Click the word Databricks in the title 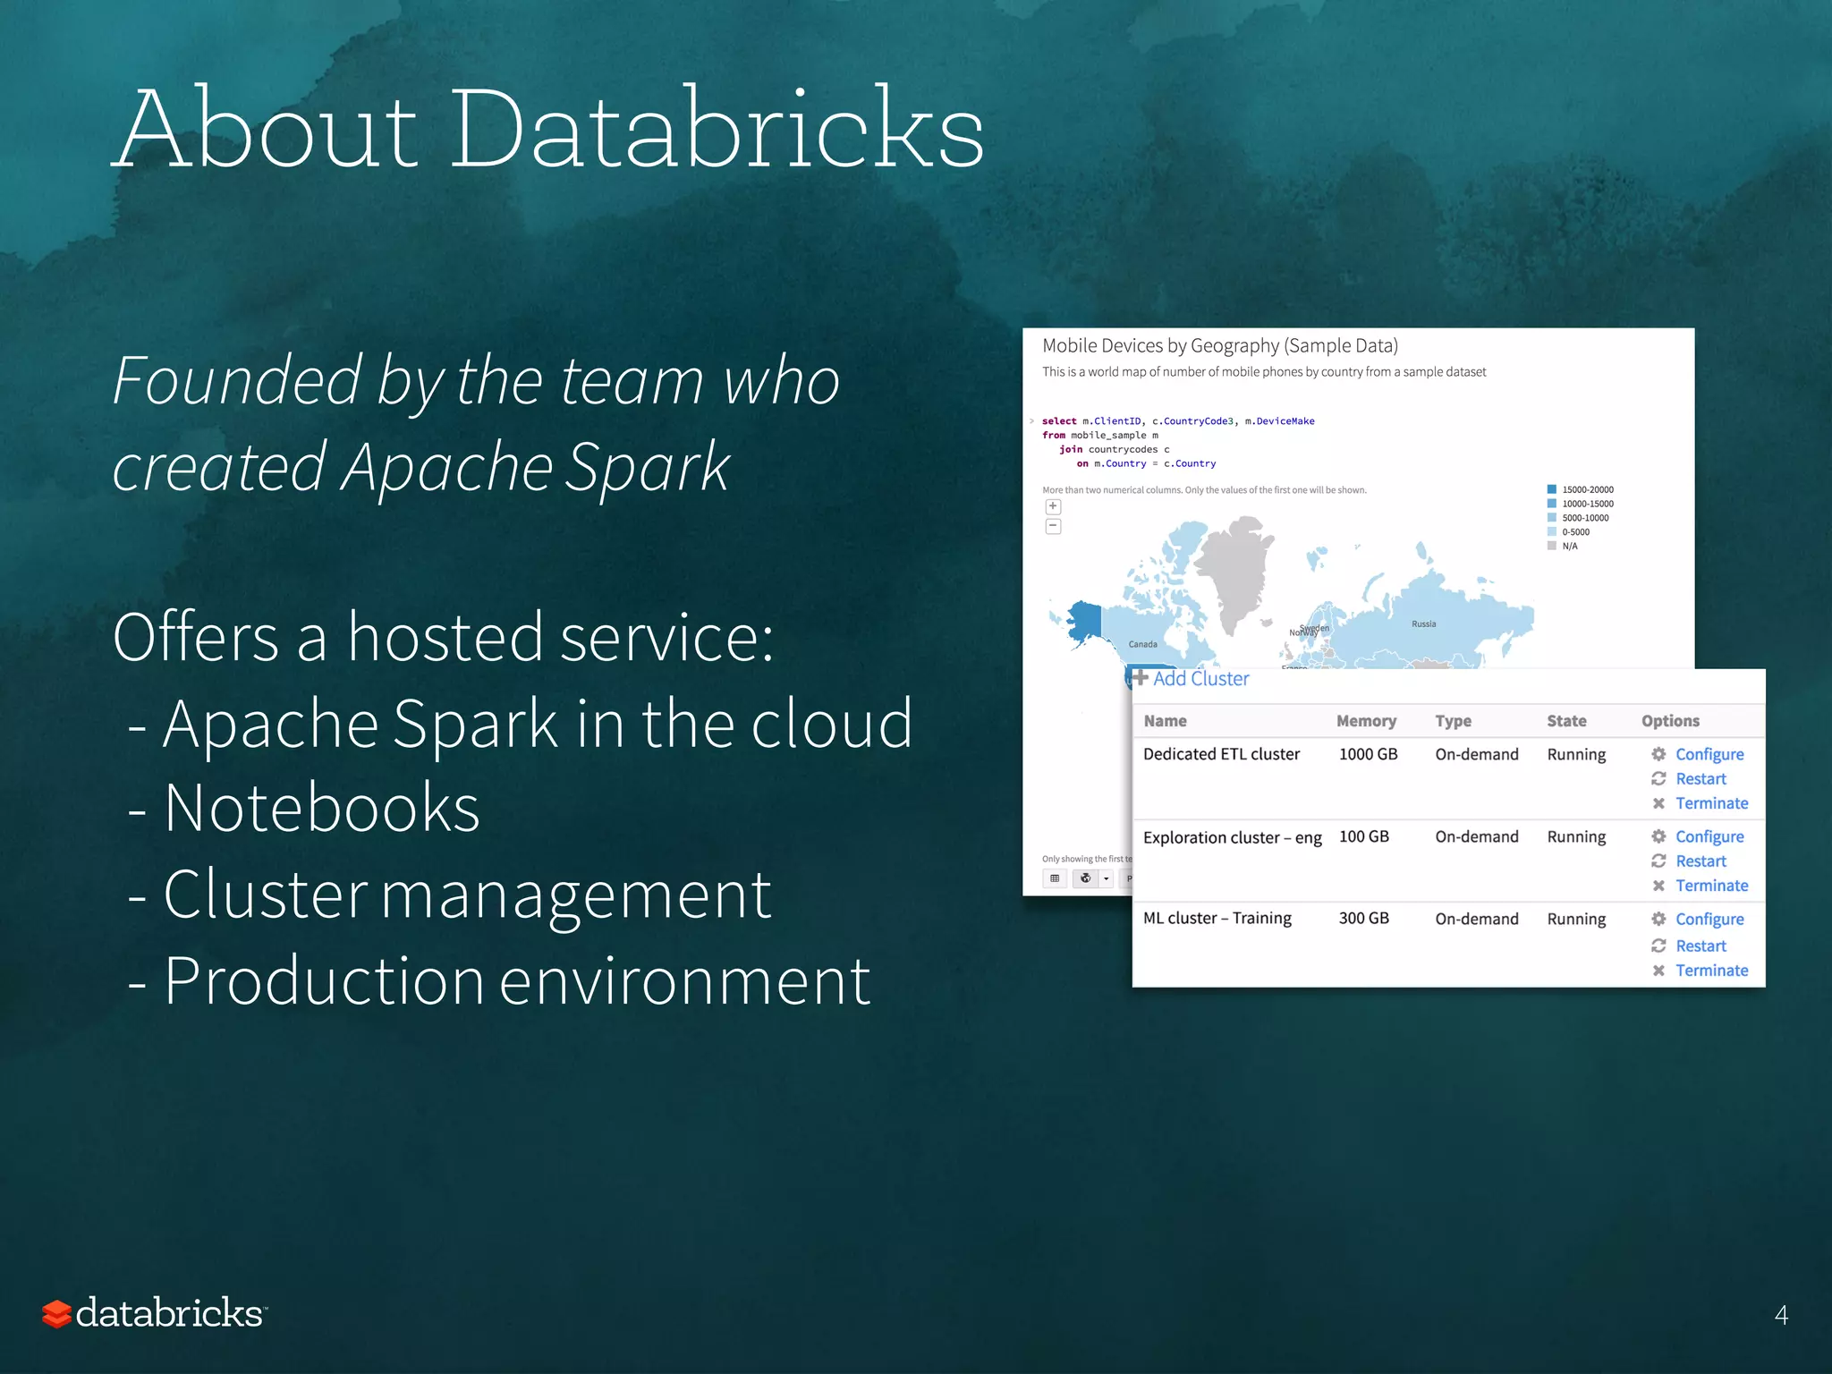(x=716, y=130)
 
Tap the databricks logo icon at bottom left (x=56, y=1314)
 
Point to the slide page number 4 (x=1780, y=1315)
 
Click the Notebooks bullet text (x=322, y=809)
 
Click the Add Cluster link (x=1200, y=679)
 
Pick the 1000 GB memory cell (x=1367, y=754)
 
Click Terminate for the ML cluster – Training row (x=1710, y=971)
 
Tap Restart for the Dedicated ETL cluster (x=1700, y=779)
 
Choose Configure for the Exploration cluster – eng (x=1709, y=836)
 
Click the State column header (x=1566, y=721)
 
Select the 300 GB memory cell (x=1363, y=919)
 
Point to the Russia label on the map (x=1423, y=624)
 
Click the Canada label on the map (x=1142, y=644)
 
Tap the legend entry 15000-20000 (x=1587, y=489)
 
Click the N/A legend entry (x=1569, y=546)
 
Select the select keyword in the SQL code (x=1059, y=421)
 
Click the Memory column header (x=1365, y=721)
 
